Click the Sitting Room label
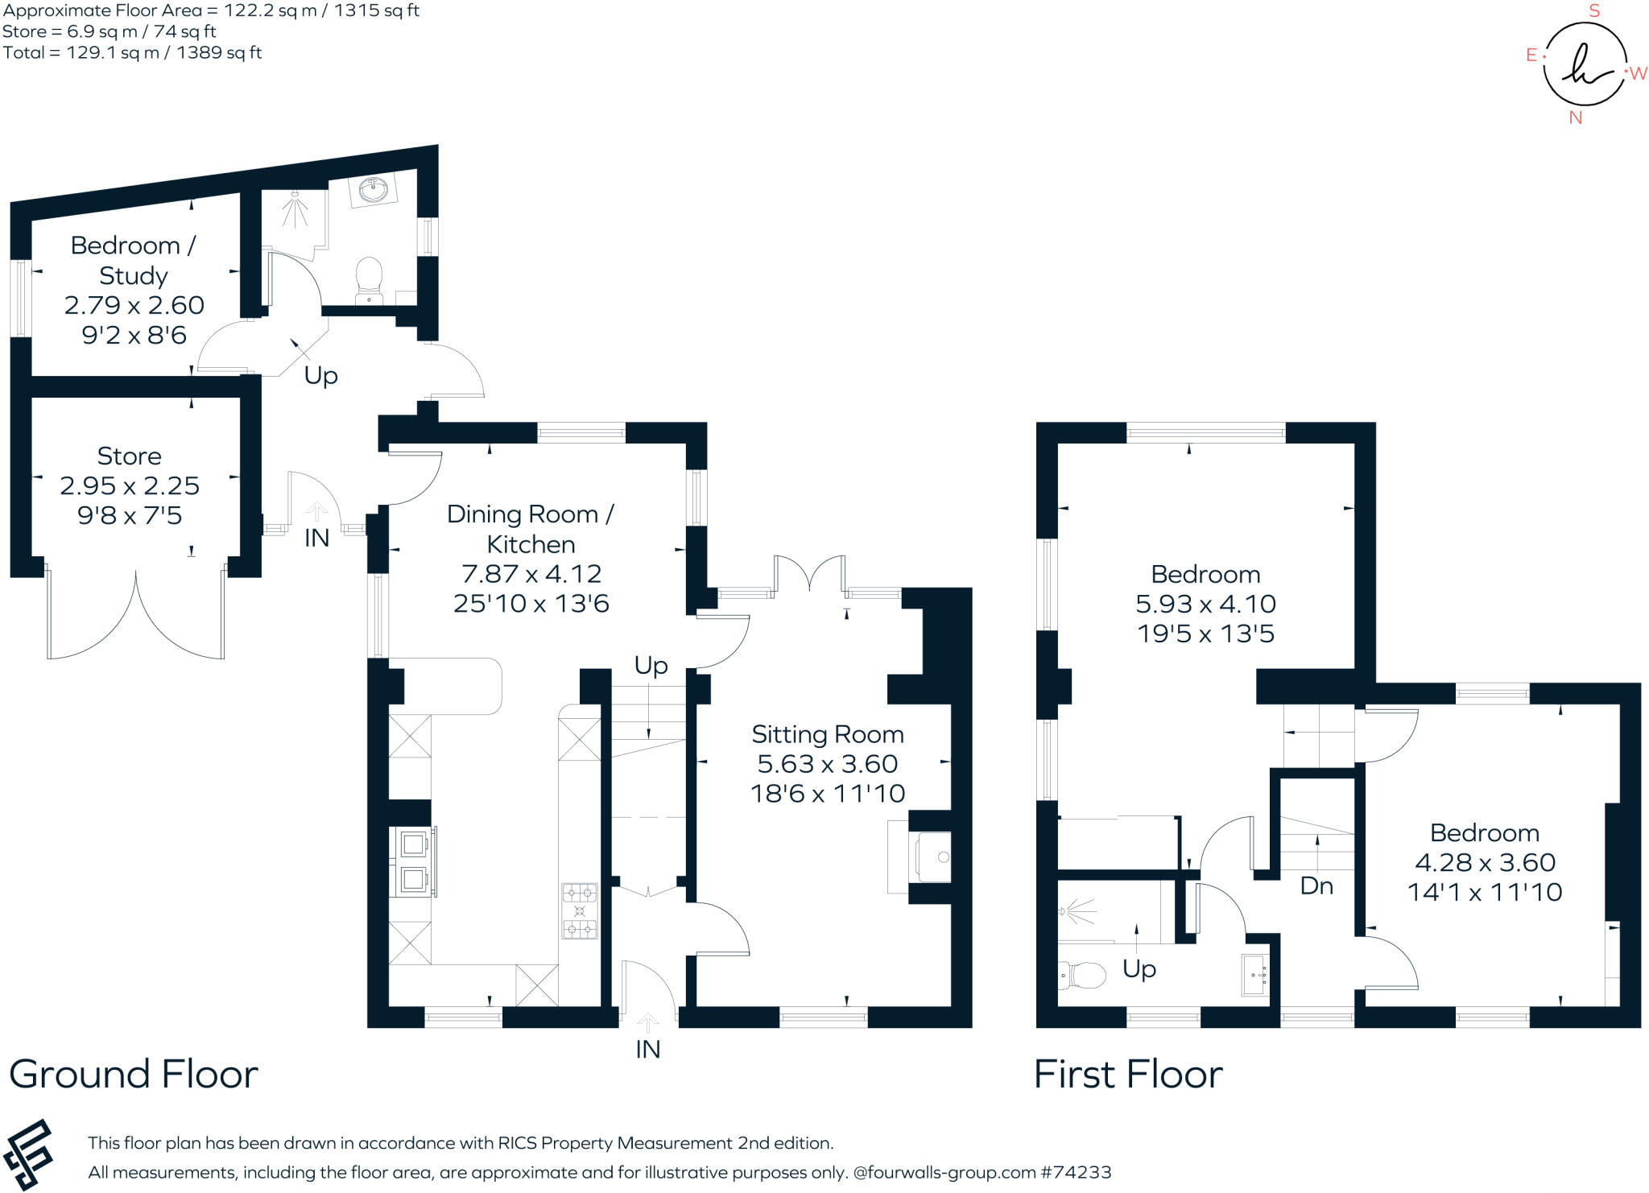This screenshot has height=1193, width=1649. tap(827, 734)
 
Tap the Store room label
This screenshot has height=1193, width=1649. tap(129, 456)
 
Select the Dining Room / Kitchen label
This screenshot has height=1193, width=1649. tap(530, 529)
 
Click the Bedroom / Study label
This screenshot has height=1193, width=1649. tap(133, 260)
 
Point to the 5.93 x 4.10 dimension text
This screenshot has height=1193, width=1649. tap(1205, 604)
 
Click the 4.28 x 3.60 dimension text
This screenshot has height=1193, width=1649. tap(1485, 862)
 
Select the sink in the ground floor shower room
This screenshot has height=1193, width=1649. tap(374, 191)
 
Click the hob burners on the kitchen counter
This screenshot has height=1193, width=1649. tap(579, 910)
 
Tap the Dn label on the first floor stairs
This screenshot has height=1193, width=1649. tap(1316, 886)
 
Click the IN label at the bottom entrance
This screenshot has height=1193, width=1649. tap(647, 1049)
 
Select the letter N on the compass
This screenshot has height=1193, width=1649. tap(1576, 118)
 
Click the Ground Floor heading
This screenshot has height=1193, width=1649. tap(134, 1074)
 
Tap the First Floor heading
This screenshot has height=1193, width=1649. tap(1128, 1074)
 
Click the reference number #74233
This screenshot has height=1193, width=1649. tap(1076, 1172)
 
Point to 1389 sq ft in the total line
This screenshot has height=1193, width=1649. tap(219, 53)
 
